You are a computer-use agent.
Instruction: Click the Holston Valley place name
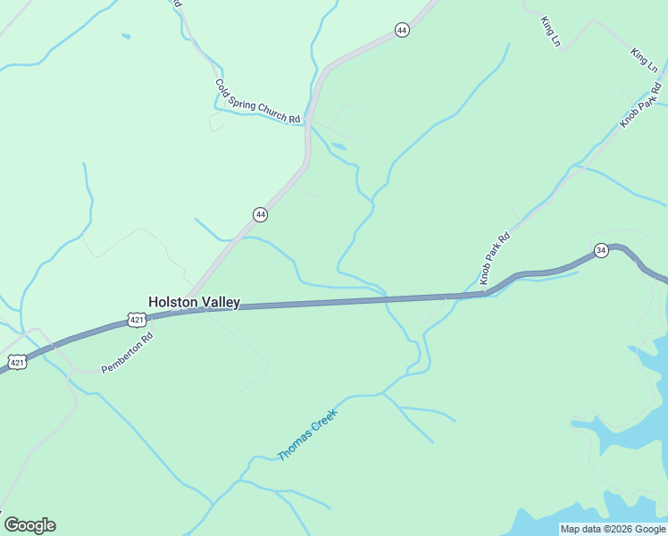[194, 302]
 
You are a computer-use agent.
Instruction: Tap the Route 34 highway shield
[601, 250]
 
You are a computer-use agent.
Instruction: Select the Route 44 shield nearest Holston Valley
[260, 214]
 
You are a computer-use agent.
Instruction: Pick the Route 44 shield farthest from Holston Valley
[402, 30]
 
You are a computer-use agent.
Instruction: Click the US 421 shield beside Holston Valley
[136, 319]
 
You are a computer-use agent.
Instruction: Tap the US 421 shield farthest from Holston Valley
[17, 361]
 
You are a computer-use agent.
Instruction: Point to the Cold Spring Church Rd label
[257, 101]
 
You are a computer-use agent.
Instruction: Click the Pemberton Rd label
[127, 352]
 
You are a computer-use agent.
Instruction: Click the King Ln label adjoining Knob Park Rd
[644, 61]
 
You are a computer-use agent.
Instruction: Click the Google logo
[29, 525]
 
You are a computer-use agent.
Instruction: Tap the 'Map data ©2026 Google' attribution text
[613, 529]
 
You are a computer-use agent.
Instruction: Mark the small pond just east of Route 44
[338, 147]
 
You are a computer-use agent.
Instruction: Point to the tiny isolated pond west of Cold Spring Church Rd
[126, 37]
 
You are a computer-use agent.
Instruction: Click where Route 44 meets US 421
[188, 309]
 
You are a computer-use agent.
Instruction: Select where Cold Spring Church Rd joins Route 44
[307, 123]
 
